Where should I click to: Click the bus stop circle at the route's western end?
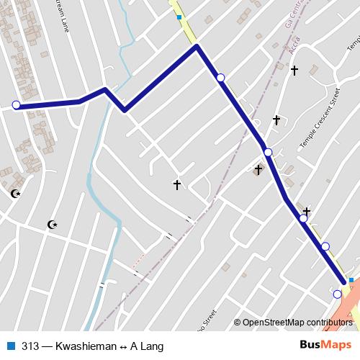click(x=16, y=105)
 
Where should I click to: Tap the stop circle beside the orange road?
click(x=337, y=294)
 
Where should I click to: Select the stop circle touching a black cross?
click(x=303, y=218)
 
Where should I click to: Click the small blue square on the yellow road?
click(x=179, y=17)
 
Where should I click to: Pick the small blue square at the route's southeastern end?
click(x=351, y=280)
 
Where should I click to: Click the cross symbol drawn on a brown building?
click(x=258, y=170)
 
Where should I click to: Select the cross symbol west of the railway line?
click(x=176, y=185)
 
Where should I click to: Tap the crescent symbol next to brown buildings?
click(x=15, y=194)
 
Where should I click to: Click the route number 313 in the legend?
click(x=30, y=346)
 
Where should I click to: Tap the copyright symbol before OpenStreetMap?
click(x=238, y=323)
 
